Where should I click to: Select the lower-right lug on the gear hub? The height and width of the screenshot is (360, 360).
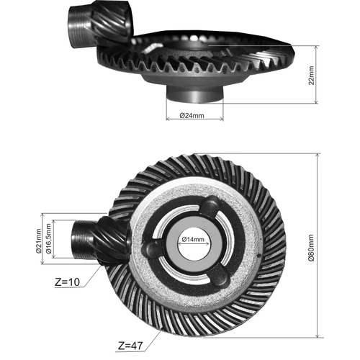pos(220,276)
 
